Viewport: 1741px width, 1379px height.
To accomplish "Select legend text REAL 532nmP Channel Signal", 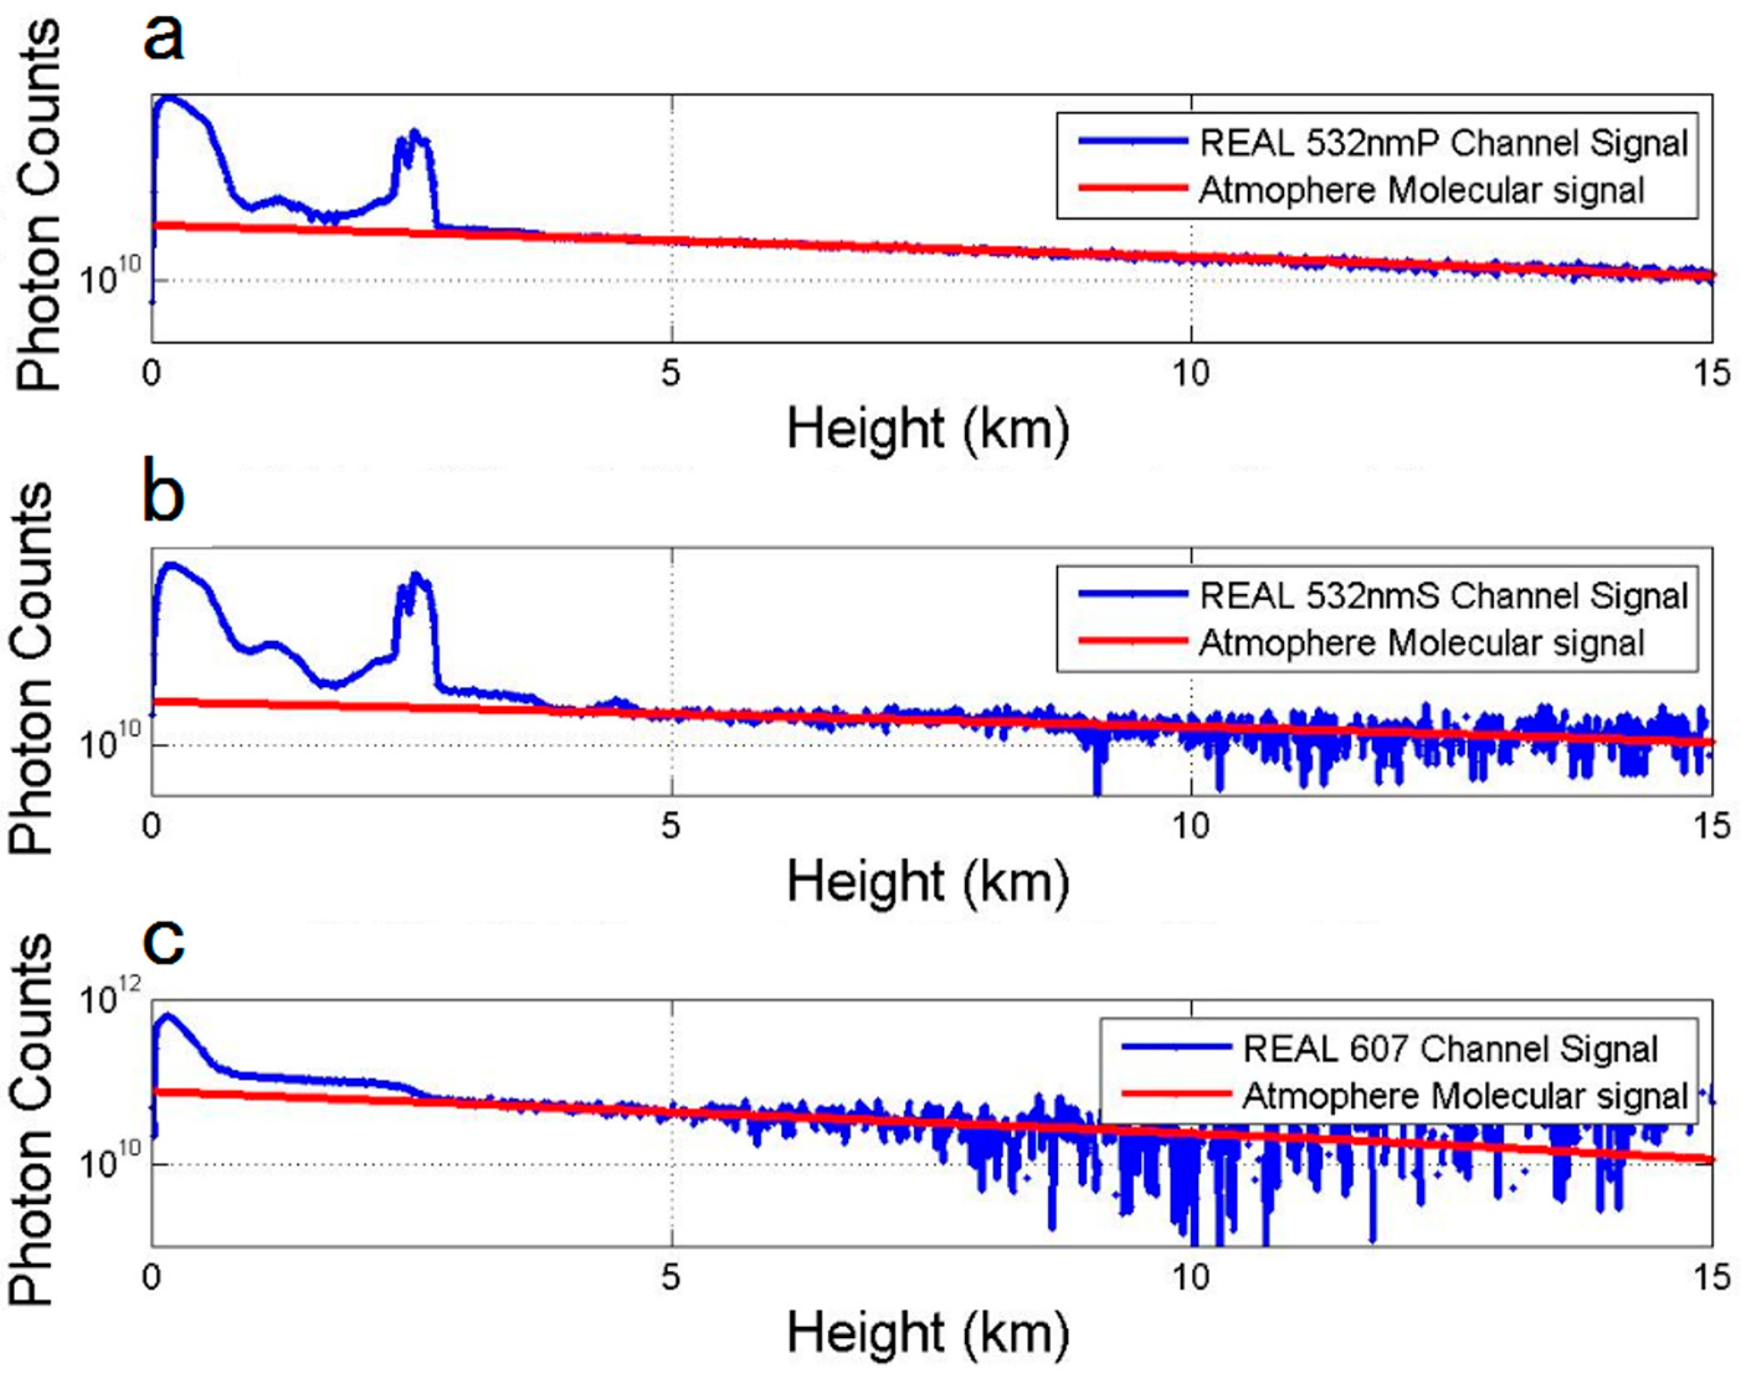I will coord(1444,144).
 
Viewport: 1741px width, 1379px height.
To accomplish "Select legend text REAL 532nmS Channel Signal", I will coord(1444,596).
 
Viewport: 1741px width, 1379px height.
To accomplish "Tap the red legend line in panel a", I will coord(1133,189).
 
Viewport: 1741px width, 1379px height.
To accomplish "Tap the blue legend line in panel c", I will coord(1177,1048).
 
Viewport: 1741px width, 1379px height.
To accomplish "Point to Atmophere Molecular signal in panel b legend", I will coord(1421,644).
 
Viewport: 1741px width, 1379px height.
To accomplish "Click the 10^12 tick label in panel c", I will coord(110,998).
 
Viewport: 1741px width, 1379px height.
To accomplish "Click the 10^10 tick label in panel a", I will coord(110,277).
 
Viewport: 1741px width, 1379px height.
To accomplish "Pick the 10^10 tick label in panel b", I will coord(110,741).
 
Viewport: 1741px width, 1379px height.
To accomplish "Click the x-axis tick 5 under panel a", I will coord(670,374).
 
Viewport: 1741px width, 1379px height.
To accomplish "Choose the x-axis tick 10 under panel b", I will coord(1190,826).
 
